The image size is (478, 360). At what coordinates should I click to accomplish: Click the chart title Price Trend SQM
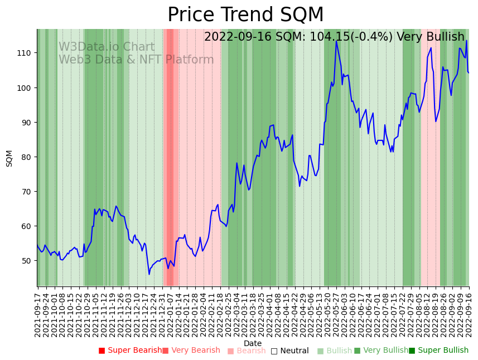(x=245, y=15)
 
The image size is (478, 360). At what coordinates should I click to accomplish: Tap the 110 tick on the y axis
(x=26, y=53)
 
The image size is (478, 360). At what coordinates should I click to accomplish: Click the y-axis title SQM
(x=9, y=158)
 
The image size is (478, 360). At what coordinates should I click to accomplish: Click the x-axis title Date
(x=253, y=343)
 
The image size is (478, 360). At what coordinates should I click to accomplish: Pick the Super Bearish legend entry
(x=130, y=351)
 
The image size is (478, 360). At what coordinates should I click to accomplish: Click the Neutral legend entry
(x=289, y=351)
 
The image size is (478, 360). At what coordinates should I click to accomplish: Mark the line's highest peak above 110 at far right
(x=466, y=41)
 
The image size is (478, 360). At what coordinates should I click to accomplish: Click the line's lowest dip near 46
(x=149, y=274)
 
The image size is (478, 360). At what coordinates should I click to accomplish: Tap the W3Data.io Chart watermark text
(x=107, y=47)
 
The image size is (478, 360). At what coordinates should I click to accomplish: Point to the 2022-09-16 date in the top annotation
(x=234, y=37)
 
